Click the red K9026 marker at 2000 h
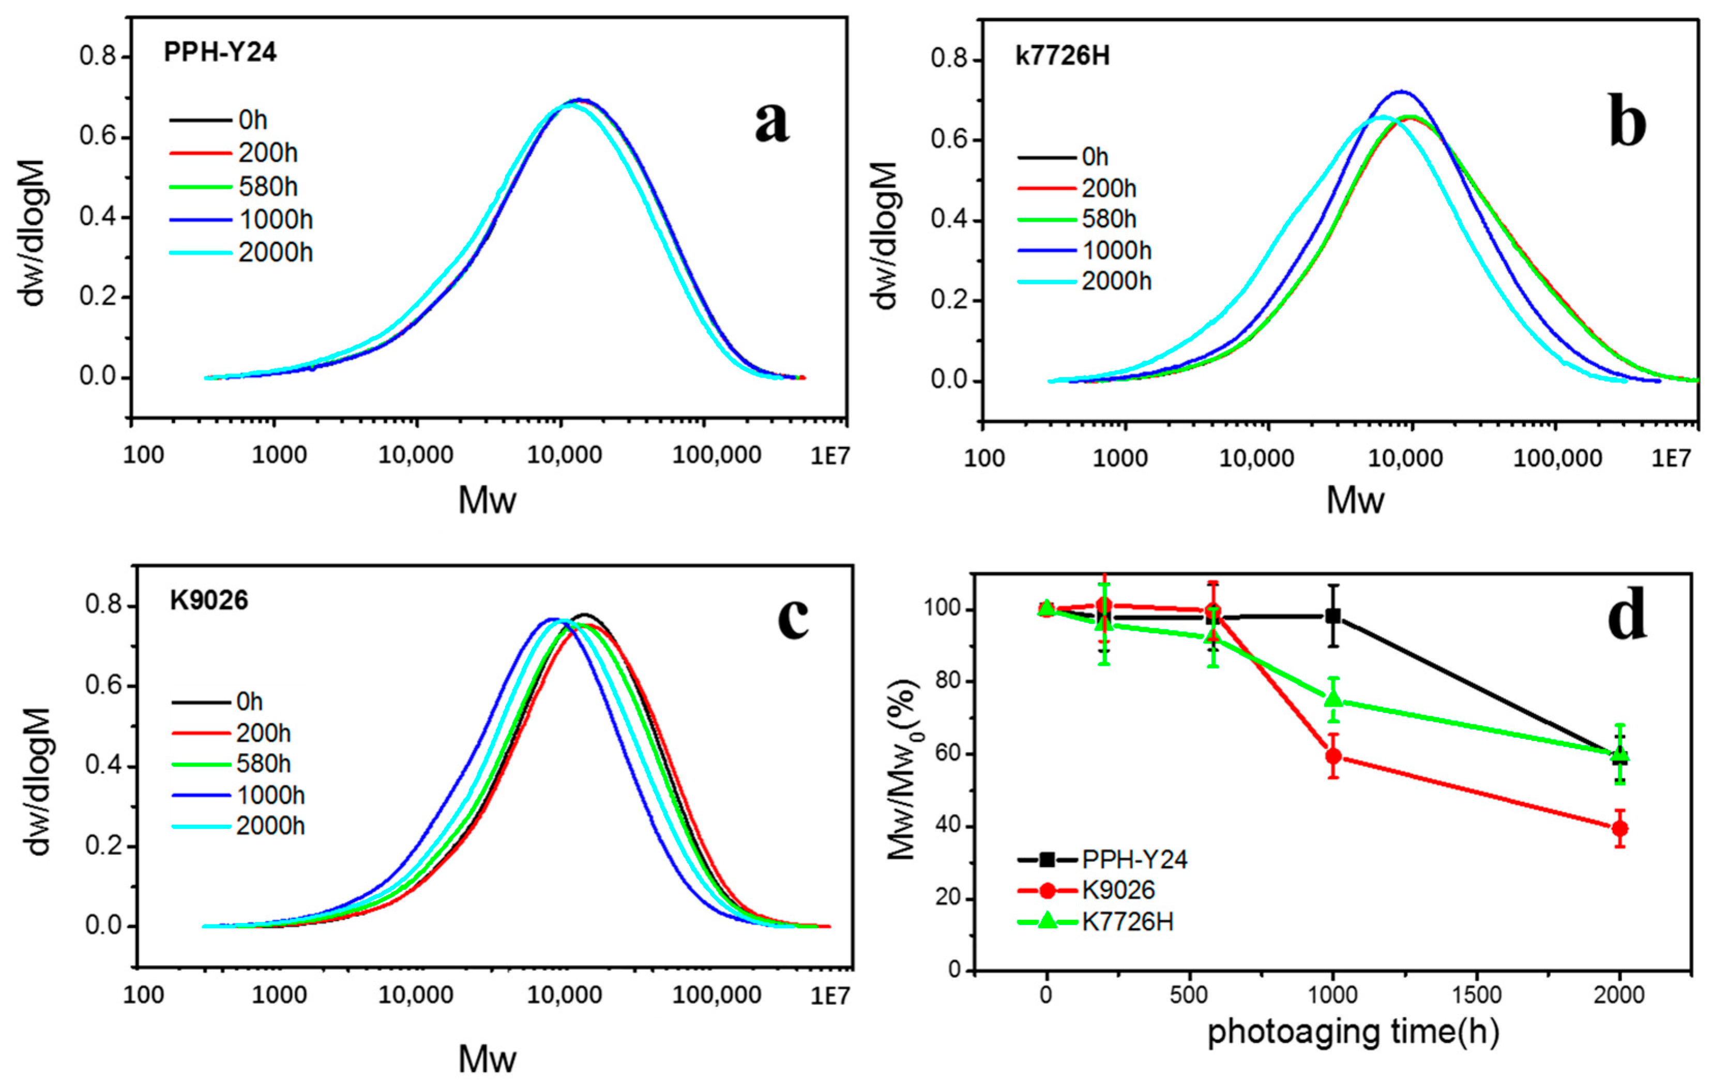(1620, 829)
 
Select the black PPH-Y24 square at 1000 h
(1333, 617)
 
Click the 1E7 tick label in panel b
(1670, 458)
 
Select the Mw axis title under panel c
(487, 1059)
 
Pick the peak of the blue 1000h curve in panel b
(1400, 91)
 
